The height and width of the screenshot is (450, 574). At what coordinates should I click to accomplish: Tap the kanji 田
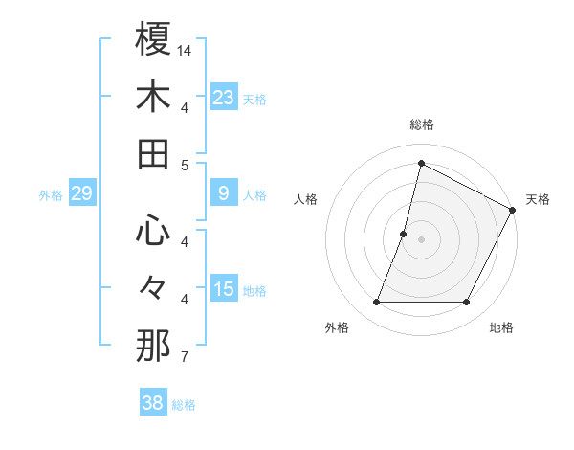154,153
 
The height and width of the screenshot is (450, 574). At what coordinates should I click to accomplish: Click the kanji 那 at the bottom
154,346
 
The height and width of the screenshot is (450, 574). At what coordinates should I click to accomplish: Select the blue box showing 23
224,97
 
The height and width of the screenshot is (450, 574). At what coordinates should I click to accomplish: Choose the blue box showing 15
224,289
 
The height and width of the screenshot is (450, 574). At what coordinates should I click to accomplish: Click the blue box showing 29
81,194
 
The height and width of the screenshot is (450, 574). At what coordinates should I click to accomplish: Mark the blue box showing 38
153,404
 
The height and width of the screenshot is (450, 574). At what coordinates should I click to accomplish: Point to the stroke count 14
185,49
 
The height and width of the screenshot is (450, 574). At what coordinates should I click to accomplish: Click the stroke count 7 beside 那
184,358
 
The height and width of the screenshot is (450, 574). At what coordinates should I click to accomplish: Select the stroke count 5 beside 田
184,165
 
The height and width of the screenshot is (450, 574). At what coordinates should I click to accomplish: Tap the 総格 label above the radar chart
421,124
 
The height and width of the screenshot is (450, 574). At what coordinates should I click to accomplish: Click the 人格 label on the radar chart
306,199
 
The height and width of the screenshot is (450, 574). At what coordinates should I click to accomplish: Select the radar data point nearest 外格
377,303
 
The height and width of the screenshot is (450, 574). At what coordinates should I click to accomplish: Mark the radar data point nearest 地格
467,303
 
